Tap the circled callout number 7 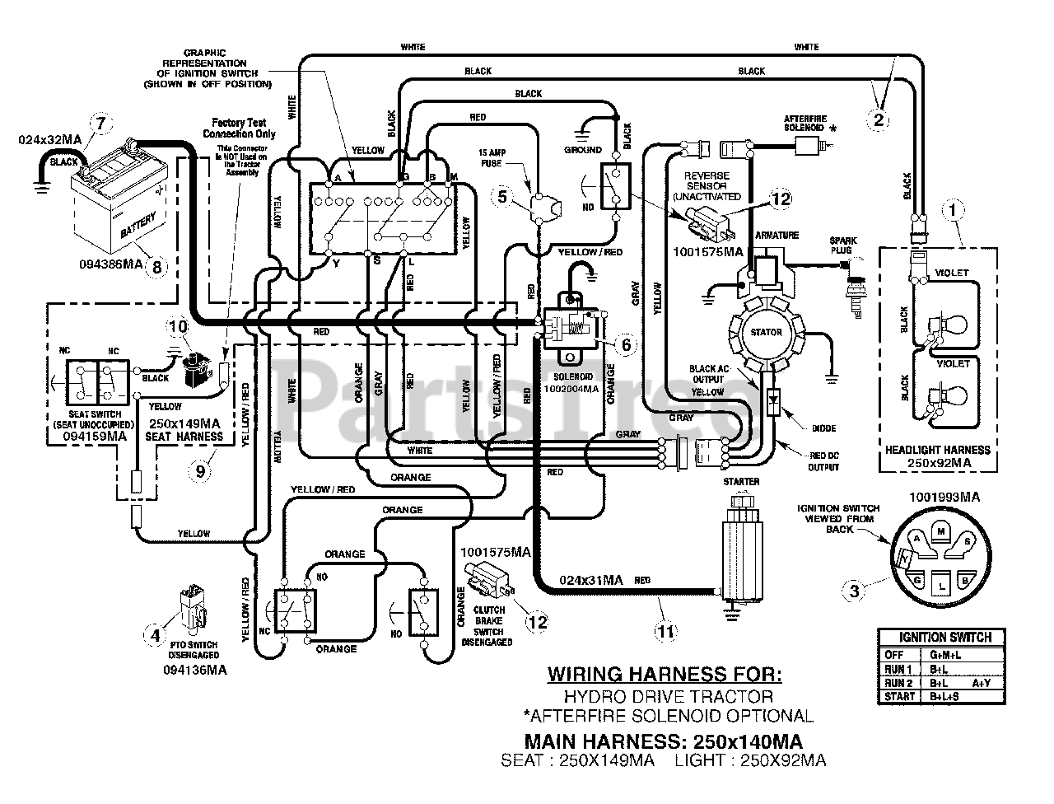(x=100, y=124)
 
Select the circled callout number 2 (x=878, y=119)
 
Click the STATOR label (x=765, y=332)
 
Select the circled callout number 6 (x=626, y=344)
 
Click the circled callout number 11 (x=665, y=632)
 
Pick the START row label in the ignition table (x=898, y=696)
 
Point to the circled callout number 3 (x=854, y=590)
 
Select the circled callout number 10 (x=177, y=326)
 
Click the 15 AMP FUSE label (x=497, y=157)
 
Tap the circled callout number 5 (x=503, y=196)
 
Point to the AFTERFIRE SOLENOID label (x=812, y=123)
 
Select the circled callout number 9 (x=200, y=470)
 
